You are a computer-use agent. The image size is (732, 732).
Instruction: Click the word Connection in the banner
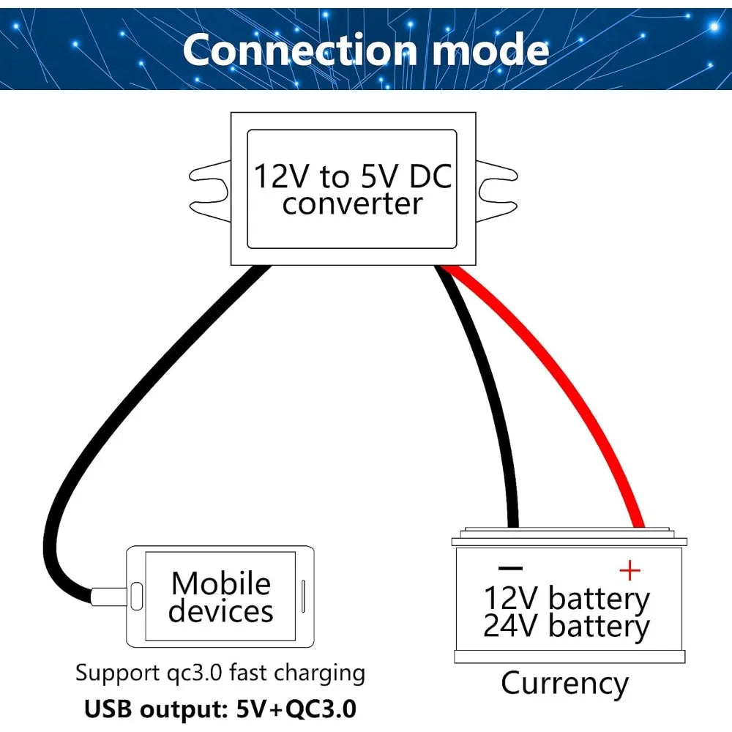coord(299,50)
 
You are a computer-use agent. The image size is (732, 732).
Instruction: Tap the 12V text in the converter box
coord(282,176)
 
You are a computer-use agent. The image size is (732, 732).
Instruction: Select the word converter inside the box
coord(352,204)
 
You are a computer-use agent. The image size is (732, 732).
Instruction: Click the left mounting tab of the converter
coord(209,191)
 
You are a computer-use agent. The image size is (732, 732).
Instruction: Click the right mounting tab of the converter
coord(497,191)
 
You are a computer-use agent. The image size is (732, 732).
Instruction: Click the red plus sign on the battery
coord(630,570)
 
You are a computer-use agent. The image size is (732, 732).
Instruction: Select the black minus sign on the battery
coord(510,568)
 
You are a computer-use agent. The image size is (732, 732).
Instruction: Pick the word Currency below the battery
coord(564,685)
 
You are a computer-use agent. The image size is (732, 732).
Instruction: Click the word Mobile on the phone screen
coord(221,583)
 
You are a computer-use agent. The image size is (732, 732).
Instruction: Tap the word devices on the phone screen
coord(221,611)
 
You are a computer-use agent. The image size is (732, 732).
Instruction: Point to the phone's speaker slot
coord(304,596)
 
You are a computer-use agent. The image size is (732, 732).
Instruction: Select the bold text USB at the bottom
coord(108,709)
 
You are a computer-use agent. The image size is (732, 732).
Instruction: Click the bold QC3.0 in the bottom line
coord(321,709)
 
